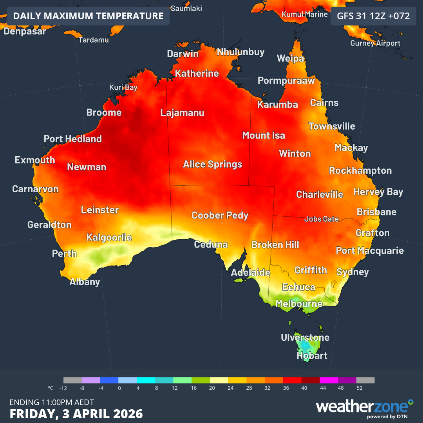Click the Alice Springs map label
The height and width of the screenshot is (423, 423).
click(213, 164)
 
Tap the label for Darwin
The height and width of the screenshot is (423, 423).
click(183, 54)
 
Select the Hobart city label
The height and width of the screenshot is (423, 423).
click(312, 356)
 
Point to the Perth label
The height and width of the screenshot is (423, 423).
click(64, 253)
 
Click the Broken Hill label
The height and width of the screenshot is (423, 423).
click(275, 245)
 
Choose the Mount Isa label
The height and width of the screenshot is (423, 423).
click(264, 136)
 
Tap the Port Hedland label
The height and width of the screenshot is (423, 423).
click(72, 139)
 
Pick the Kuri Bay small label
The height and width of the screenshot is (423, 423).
click(123, 87)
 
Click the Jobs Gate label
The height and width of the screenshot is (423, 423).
click(322, 219)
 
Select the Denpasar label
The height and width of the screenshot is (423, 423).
click(25, 31)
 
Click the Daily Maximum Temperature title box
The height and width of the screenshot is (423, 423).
click(88, 16)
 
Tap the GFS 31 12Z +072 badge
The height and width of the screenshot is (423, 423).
click(373, 16)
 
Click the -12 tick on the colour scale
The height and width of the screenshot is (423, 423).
click(63, 388)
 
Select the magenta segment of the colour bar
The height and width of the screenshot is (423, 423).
click(329, 380)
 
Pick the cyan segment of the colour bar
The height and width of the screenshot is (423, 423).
click(146, 380)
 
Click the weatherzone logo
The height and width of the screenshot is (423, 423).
click(364, 407)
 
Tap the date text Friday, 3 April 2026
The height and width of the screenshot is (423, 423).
click(76, 414)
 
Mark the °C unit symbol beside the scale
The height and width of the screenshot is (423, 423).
click(51, 388)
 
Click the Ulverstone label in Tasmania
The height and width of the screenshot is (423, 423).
click(305, 338)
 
